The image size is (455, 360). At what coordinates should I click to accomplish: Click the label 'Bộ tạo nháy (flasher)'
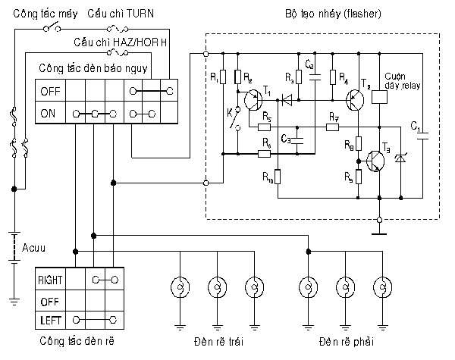click(x=332, y=14)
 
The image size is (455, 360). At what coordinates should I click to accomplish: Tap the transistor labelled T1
click(x=254, y=102)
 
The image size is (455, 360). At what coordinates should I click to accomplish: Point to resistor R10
click(x=278, y=177)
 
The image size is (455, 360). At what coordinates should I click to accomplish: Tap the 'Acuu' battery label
click(x=34, y=248)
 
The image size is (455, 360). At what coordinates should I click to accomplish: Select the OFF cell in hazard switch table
click(x=49, y=91)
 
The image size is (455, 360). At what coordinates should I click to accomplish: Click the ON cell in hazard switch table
click(x=49, y=114)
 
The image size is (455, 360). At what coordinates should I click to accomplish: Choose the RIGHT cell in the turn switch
click(x=50, y=280)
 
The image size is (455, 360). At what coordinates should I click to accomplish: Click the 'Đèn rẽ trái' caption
click(x=218, y=339)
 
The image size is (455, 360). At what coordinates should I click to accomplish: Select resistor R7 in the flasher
click(x=334, y=127)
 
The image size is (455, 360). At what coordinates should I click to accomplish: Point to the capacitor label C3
click(x=286, y=139)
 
